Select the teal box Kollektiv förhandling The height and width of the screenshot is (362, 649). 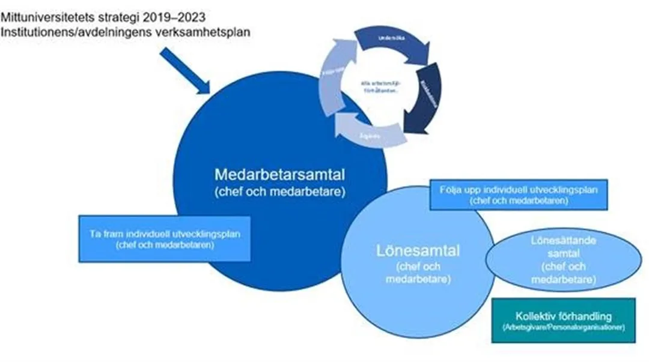pyautogui.click(x=562, y=321)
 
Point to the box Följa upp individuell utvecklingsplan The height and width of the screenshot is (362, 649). pyautogui.click(x=518, y=194)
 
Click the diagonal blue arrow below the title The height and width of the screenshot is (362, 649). pyautogui.click(x=185, y=72)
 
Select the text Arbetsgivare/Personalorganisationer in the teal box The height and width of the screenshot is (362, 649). pyautogui.click(x=562, y=328)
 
